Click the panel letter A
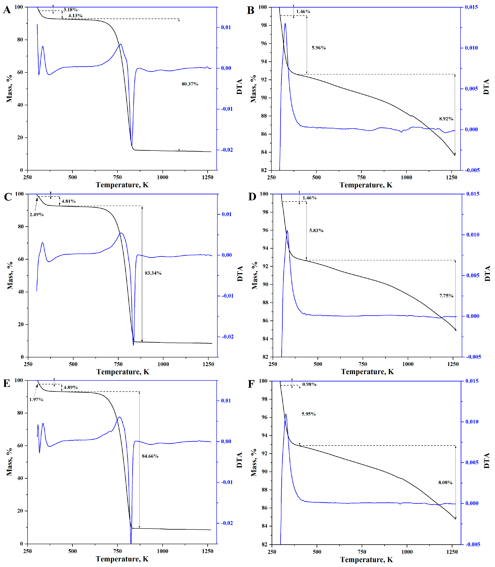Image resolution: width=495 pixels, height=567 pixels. pos(7,10)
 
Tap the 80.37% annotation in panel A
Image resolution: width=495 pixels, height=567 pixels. pos(190,84)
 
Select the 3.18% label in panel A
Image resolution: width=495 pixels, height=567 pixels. pos(71,10)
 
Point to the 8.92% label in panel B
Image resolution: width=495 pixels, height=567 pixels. pos(446,119)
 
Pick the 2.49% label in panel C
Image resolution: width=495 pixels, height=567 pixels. pos(37,214)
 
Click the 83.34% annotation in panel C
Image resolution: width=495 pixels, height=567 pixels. pos(153,273)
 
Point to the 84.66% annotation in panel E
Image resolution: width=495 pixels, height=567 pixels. pos(150,456)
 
